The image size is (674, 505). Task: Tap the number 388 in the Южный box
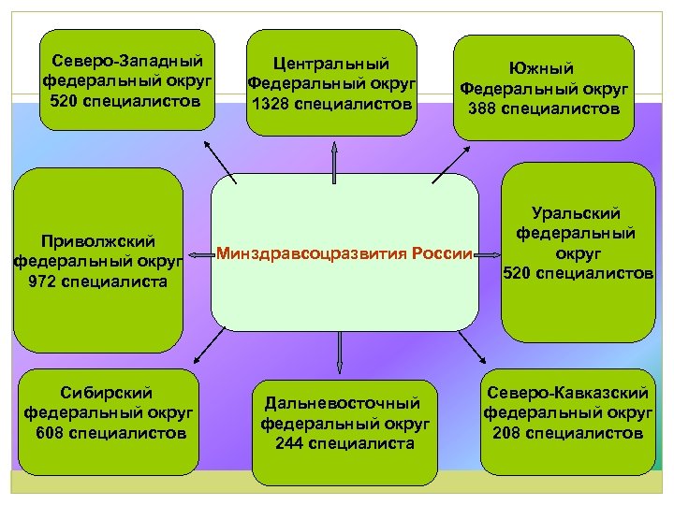click(485, 109)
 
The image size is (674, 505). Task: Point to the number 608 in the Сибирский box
click(53, 433)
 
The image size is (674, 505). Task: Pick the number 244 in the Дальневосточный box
click(290, 443)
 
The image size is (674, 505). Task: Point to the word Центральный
click(330, 64)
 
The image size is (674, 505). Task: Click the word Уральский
click(576, 213)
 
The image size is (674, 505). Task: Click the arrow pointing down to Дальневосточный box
click(338, 351)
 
